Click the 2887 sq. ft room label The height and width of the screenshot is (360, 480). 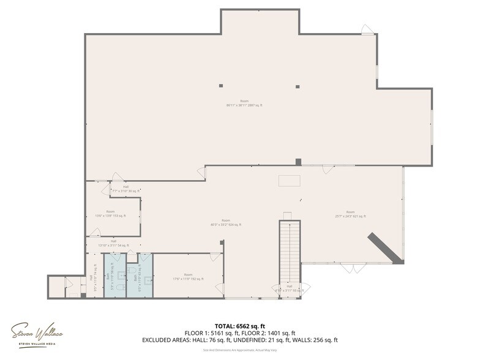tap(244, 103)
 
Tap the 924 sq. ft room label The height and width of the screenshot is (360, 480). tap(225, 222)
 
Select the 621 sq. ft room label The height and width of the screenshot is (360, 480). tap(350, 214)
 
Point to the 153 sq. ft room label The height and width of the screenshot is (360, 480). tap(110, 214)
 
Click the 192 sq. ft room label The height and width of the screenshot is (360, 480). tap(188, 277)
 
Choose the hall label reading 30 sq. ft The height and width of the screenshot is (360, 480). tap(126, 189)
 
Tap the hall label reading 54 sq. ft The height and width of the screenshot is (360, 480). tap(114, 243)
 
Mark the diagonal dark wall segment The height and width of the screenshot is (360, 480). tap(384, 248)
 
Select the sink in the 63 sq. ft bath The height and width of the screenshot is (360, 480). tap(148, 280)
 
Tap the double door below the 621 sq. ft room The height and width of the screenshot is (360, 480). tap(353, 268)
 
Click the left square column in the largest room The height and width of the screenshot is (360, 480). tap(221, 86)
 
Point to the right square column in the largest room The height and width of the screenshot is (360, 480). tap(298, 86)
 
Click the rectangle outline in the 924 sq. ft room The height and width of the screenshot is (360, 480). tap(289, 180)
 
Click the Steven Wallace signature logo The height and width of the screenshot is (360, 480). tap(37, 334)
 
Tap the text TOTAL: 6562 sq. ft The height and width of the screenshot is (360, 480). tap(239, 326)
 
